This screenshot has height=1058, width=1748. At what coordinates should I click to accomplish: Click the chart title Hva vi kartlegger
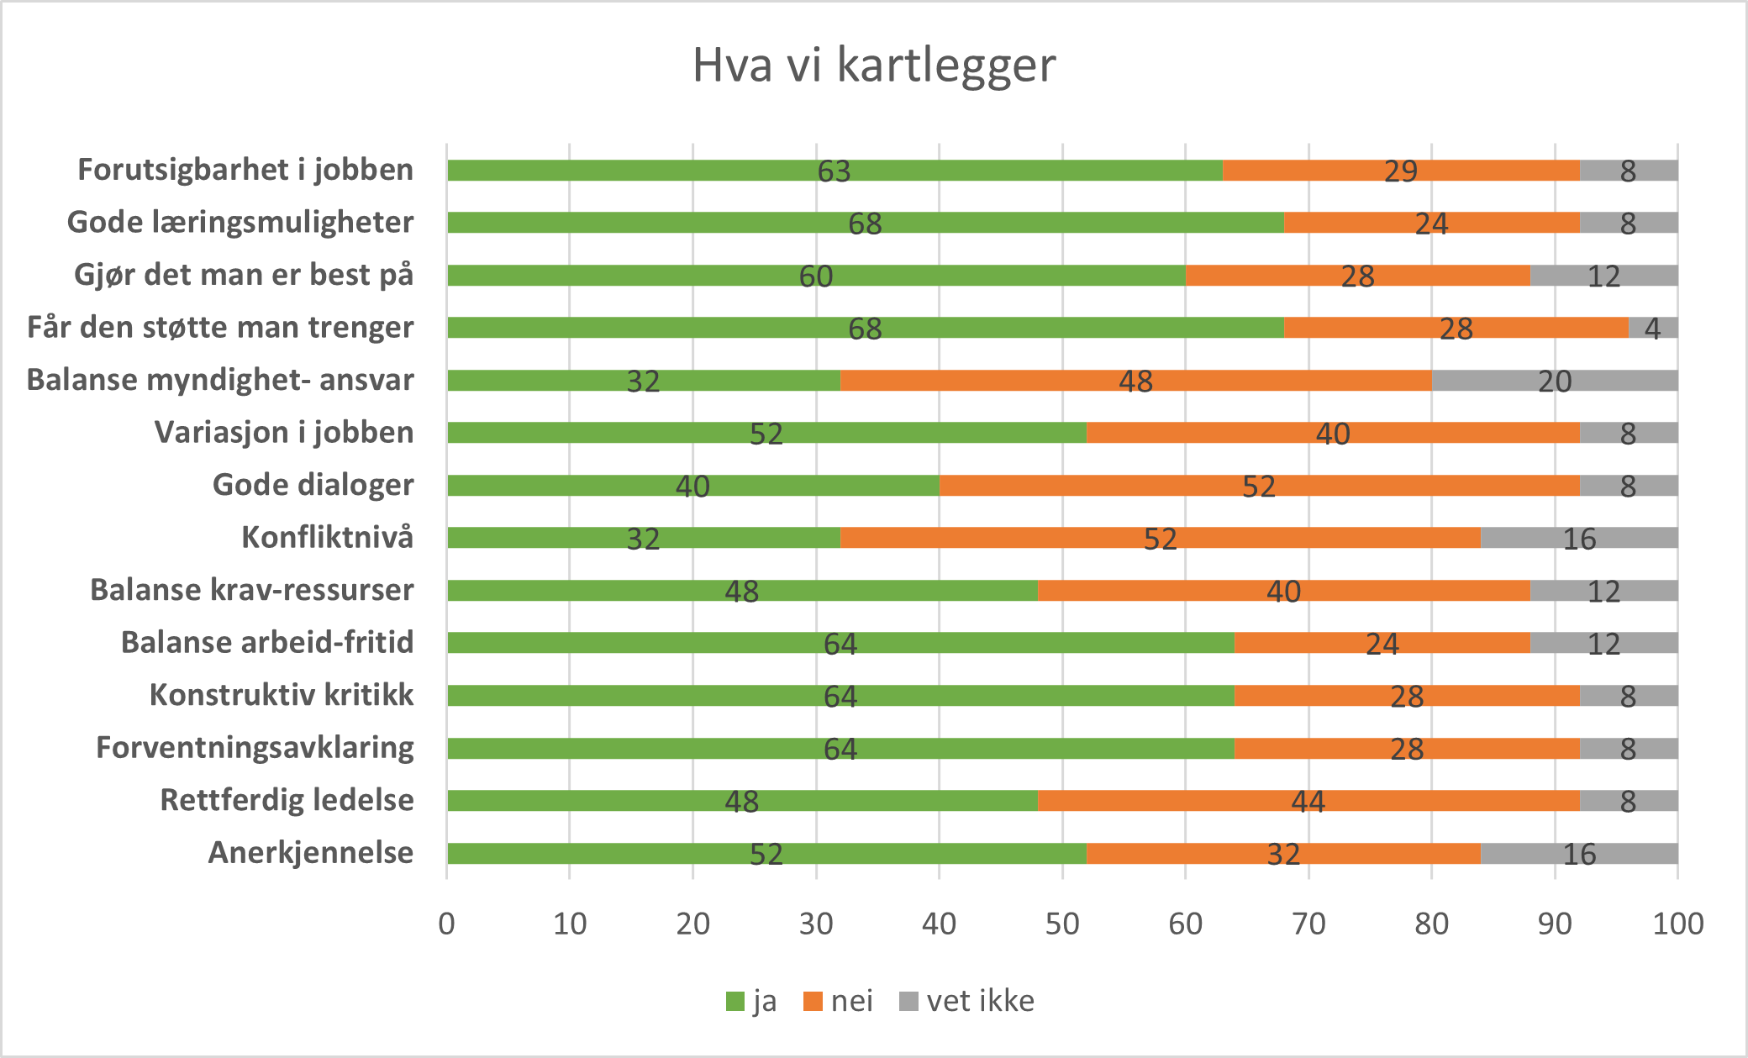873,66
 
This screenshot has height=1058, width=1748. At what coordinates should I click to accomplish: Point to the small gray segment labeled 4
1652,328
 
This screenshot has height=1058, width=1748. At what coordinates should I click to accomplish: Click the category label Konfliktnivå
327,537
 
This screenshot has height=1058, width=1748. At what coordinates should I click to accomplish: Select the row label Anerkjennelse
311,853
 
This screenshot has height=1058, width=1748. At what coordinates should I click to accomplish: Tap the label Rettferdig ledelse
287,800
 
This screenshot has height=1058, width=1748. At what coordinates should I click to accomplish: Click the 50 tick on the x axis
1062,924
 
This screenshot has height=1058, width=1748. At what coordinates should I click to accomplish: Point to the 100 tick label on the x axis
1677,924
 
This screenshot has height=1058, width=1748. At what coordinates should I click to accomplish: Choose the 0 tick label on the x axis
446,924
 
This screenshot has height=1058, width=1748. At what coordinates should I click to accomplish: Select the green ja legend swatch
735,1002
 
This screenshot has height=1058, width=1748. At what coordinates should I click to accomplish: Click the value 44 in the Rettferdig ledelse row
1308,802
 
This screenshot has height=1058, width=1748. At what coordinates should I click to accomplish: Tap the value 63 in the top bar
834,171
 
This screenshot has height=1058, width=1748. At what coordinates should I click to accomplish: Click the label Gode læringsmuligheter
240,223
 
